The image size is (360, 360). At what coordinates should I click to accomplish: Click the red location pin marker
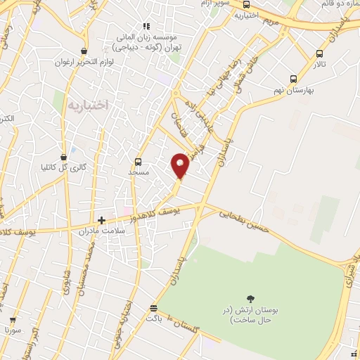click(181, 166)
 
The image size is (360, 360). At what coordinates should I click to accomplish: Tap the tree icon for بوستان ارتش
click(250, 299)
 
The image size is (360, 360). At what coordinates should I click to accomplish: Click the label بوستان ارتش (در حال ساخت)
click(250, 315)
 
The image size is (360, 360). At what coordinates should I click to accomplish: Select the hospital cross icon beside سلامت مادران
click(101, 220)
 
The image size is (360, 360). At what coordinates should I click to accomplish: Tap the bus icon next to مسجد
click(139, 160)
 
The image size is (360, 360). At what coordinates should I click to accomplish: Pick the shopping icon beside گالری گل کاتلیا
click(64, 156)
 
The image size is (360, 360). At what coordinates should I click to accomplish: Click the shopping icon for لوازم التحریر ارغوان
click(84, 51)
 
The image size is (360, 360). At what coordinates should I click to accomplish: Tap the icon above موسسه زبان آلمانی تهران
click(146, 26)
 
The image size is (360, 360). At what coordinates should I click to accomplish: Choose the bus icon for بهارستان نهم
click(293, 79)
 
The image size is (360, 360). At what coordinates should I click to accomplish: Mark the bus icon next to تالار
click(320, 53)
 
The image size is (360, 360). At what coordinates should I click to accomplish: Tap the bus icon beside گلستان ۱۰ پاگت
click(153, 308)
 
